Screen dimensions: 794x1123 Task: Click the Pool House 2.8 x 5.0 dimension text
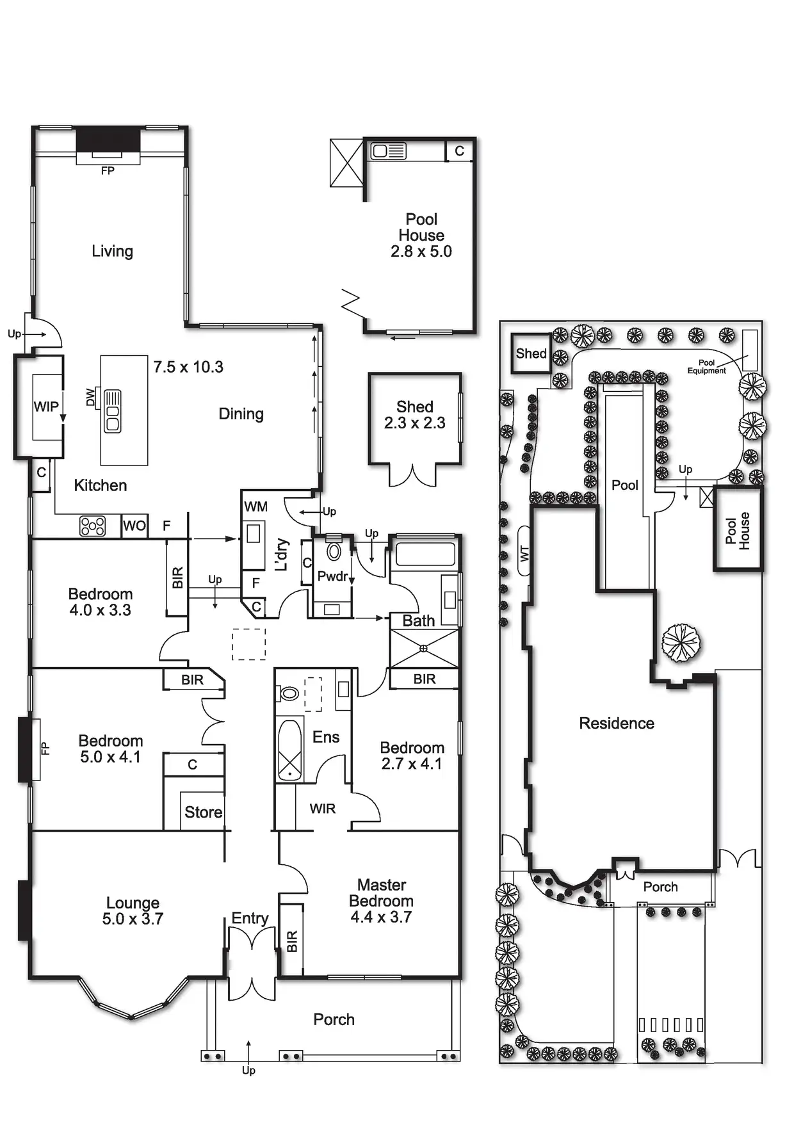[x=421, y=252]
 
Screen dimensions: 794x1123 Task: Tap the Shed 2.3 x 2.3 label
[x=415, y=415]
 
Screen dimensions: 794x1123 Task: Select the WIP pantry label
[x=46, y=407]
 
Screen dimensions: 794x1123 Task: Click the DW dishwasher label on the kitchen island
[x=91, y=398]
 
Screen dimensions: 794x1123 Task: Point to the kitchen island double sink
[x=113, y=411]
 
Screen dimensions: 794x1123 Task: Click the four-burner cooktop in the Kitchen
[x=92, y=526]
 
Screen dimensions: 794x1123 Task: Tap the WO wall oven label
[x=134, y=526]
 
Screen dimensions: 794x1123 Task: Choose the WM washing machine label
[x=256, y=507]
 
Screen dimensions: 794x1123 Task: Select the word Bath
[x=419, y=621]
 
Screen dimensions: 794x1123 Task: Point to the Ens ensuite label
[x=326, y=738]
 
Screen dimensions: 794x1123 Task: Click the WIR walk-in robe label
[x=323, y=809]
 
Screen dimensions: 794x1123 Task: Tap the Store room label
[x=204, y=812]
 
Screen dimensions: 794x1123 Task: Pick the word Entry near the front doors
[x=250, y=919]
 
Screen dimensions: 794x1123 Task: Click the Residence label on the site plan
[x=617, y=723]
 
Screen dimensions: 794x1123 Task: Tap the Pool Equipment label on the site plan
[x=707, y=367]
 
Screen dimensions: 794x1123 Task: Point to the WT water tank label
[x=525, y=554]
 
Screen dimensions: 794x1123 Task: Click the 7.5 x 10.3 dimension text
[x=188, y=367]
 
